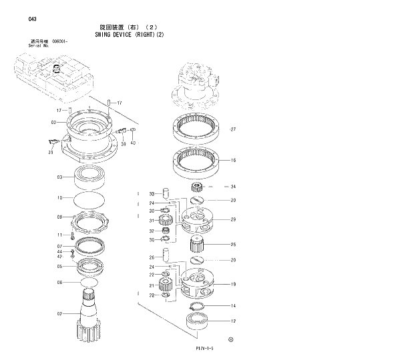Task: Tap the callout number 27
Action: pyautogui.click(x=233, y=129)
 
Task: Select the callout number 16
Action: pyautogui.click(x=233, y=160)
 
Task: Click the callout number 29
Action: pyautogui.click(x=233, y=219)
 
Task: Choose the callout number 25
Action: pyautogui.click(x=233, y=244)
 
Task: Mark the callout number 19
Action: pyautogui.click(x=233, y=284)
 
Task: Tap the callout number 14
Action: pyautogui.click(x=233, y=306)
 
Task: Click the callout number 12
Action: pyautogui.click(x=233, y=321)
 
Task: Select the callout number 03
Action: pyautogui.click(x=59, y=177)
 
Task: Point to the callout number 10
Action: pyautogui.click(x=59, y=197)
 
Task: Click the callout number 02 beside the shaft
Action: pyautogui.click(x=59, y=313)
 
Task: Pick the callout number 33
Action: pyautogui.click(x=152, y=193)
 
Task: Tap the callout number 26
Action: pyautogui.click(x=152, y=257)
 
